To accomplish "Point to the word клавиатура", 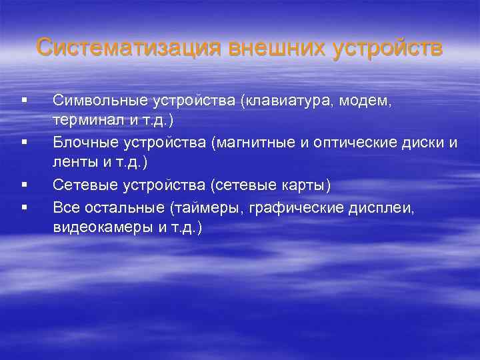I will pyautogui.click(x=286, y=101).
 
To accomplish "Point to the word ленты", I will pyautogui.click(x=72, y=163).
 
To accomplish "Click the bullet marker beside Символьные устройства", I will pyautogui.click(x=24, y=101).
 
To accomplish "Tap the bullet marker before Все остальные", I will pyautogui.click(x=24, y=207).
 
